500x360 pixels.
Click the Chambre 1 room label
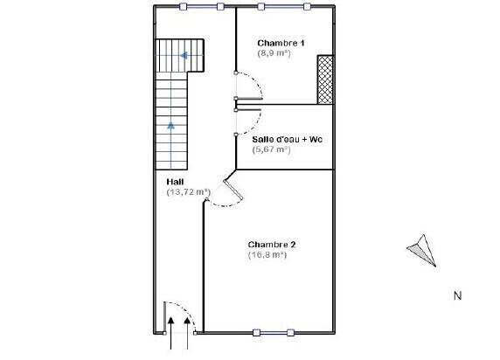point(280,43)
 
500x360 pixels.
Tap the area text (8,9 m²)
point(274,53)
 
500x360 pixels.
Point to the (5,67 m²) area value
point(271,149)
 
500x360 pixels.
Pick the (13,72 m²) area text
point(189,191)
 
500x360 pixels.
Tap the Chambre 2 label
point(272,245)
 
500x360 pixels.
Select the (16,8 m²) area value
point(267,255)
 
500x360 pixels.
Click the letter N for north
point(457,296)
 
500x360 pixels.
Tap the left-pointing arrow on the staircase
point(184,56)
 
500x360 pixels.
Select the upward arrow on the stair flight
point(171,126)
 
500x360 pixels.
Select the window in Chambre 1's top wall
point(284,6)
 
